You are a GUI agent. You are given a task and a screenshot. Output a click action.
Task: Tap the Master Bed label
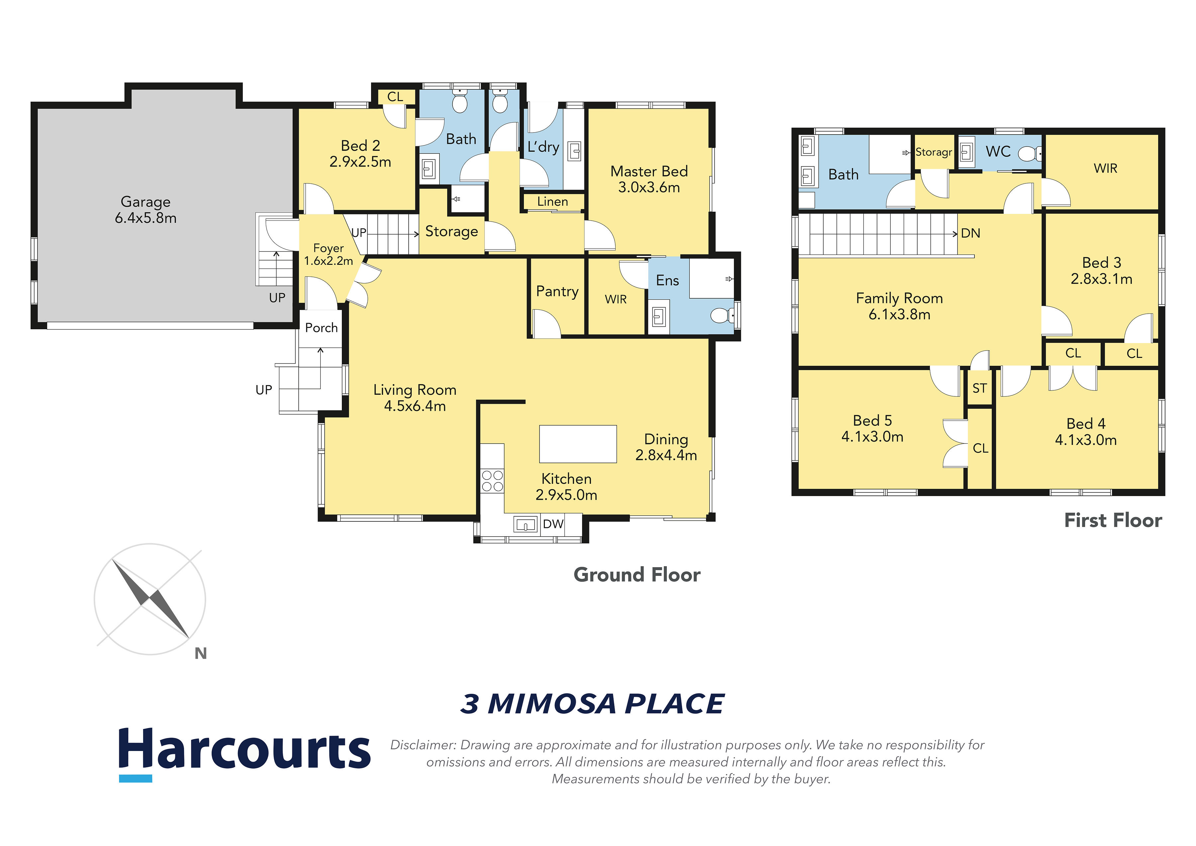click(x=649, y=171)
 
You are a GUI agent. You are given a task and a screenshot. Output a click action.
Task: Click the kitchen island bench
click(x=578, y=444)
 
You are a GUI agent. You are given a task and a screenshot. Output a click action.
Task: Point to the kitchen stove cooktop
click(x=492, y=481)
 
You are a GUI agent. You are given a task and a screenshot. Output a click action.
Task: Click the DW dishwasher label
click(x=553, y=524)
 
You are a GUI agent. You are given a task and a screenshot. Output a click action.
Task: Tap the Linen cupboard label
click(x=553, y=202)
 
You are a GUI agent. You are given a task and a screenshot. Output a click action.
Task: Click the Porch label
click(x=321, y=328)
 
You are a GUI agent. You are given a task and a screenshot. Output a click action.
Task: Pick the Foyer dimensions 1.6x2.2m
click(x=329, y=261)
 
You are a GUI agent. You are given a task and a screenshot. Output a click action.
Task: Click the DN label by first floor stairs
click(x=970, y=233)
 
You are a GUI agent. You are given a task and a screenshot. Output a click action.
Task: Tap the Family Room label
click(x=900, y=298)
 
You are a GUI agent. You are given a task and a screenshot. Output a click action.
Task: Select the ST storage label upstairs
click(x=979, y=388)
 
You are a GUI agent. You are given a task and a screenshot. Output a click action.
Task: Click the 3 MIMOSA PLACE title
click(x=592, y=704)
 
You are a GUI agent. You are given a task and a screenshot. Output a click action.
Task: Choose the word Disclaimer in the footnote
click(x=423, y=745)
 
